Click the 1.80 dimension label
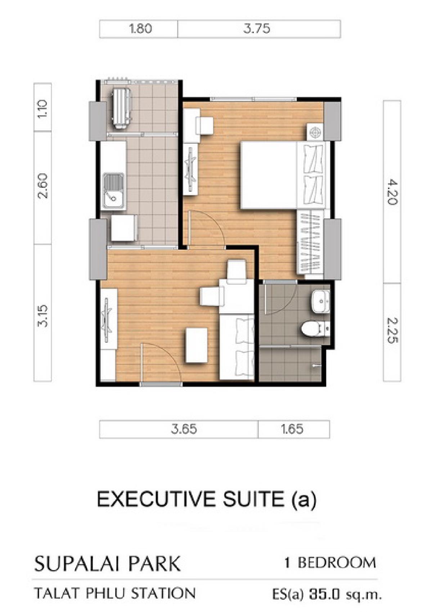click(140, 29)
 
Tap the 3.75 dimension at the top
click(257, 29)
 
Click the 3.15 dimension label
click(43, 316)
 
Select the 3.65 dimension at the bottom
click(184, 429)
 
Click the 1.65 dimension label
click(292, 429)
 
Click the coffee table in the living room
click(196, 345)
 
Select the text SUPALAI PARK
click(107, 563)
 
